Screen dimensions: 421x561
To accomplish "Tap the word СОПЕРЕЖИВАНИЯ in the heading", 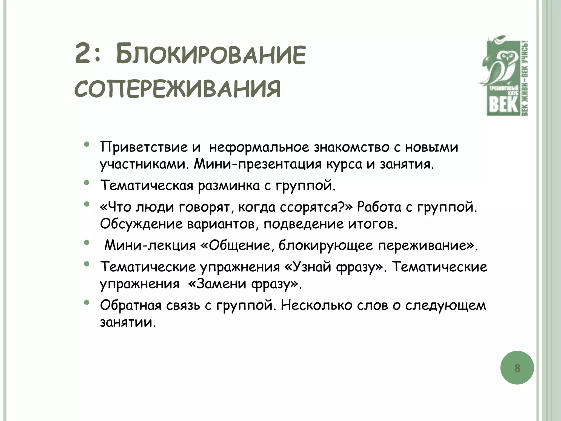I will click(178, 89).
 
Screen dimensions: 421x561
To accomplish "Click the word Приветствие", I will click(144, 147).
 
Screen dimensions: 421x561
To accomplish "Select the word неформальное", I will click(259, 147).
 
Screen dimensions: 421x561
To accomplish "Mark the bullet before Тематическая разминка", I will click(87, 183).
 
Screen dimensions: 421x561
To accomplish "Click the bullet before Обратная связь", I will click(87, 302).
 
